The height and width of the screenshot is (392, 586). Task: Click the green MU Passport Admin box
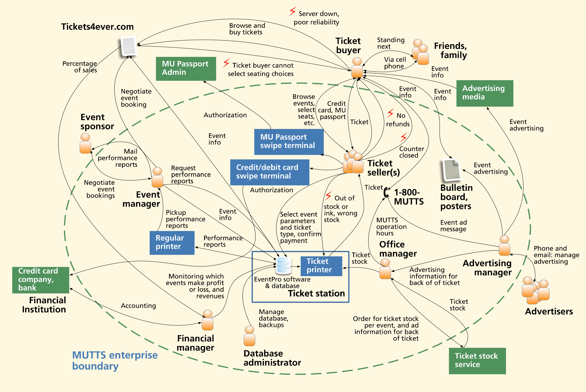[186, 68]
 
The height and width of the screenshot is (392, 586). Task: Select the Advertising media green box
[485, 93]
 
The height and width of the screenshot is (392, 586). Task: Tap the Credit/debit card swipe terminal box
[270, 172]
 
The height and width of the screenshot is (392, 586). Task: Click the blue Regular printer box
[172, 243]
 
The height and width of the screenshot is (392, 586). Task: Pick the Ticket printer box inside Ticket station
[321, 266]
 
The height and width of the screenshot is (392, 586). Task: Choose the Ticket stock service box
[477, 360]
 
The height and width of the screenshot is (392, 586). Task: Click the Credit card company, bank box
[41, 280]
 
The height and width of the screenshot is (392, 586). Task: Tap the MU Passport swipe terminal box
[289, 141]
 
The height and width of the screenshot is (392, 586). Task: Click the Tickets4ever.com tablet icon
[129, 46]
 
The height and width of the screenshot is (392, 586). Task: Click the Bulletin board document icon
[451, 170]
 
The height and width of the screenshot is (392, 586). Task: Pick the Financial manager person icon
[208, 320]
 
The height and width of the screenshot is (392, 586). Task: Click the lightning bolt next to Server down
[292, 11]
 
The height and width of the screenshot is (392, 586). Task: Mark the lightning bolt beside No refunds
[390, 113]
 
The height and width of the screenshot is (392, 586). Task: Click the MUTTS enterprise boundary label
[115, 360]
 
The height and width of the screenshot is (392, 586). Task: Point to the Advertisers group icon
[535, 291]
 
